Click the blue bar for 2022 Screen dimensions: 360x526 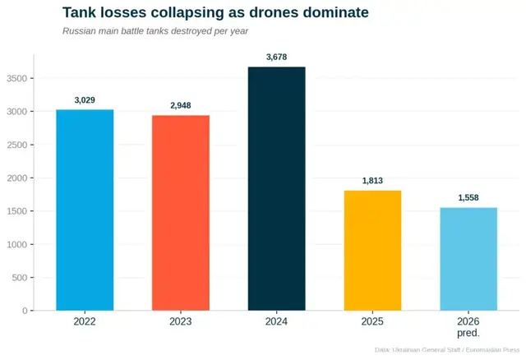pos(85,210)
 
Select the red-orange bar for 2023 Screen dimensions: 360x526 pos(180,213)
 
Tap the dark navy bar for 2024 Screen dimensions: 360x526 pos(276,188)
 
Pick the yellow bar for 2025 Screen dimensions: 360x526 pos(372,251)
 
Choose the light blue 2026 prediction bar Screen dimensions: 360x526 pos(468,259)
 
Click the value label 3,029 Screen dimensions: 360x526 pos(85,100)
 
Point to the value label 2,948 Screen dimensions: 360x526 pos(180,106)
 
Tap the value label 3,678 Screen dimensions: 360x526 pos(276,57)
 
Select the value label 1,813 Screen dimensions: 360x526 pos(372,181)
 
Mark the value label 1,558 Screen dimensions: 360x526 pos(468,198)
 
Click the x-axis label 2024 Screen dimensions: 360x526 pos(276,321)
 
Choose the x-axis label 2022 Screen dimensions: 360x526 pos(85,321)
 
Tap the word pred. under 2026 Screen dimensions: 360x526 pos(468,333)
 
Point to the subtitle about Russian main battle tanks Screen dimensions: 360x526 pos(155,31)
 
